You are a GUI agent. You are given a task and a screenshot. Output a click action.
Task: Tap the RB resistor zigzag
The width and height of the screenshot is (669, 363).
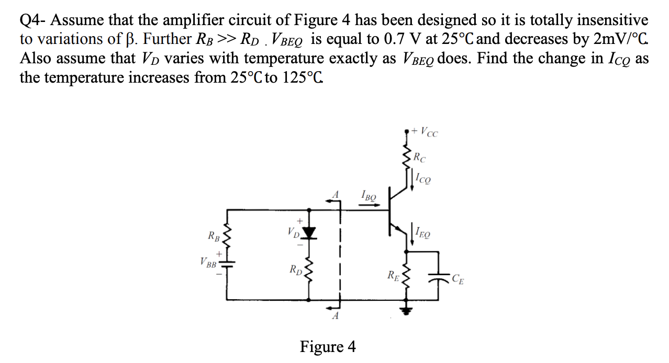pos(228,237)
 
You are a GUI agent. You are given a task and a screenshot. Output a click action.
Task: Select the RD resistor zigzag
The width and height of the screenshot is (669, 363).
pos(309,271)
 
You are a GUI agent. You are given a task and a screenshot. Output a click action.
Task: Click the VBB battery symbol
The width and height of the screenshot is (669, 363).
pos(228,264)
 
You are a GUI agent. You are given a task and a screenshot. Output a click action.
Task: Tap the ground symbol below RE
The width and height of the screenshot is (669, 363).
pos(406,311)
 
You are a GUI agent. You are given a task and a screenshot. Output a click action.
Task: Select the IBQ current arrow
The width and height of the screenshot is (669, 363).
pos(370,205)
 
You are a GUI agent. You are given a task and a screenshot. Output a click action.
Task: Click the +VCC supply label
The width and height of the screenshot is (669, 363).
pos(425,132)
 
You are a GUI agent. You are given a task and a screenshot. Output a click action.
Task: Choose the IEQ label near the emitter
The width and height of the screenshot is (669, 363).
pos(423,232)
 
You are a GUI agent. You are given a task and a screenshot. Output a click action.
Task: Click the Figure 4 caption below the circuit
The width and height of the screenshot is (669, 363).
pos(328,347)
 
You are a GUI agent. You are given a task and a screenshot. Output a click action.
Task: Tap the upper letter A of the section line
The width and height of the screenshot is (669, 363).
pos(336,195)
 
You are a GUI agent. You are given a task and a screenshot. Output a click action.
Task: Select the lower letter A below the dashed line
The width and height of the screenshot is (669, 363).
pos(336,316)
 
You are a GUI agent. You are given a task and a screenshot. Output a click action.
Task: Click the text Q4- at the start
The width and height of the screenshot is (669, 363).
pos(32,21)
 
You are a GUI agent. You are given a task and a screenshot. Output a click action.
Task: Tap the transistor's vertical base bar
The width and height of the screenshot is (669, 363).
pos(389,211)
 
